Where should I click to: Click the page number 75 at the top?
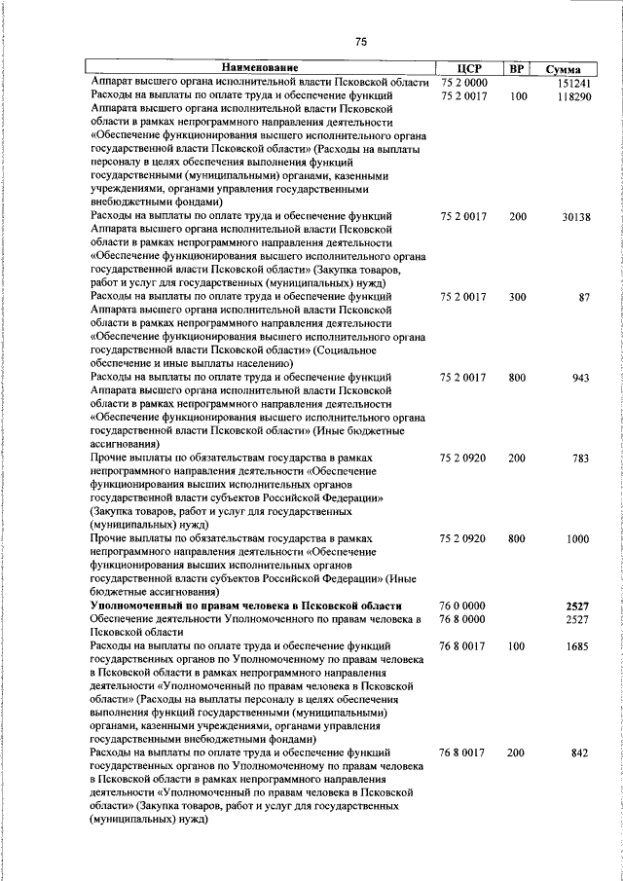(x=361, y=41)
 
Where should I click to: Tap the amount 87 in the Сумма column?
(x=584, y=297)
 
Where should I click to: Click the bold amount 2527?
(x=578, y=605)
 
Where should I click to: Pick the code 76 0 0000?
(x=463, y=605)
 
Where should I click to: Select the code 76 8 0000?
(x=463, y=618)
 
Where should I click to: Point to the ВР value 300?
(x=517, y=297)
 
